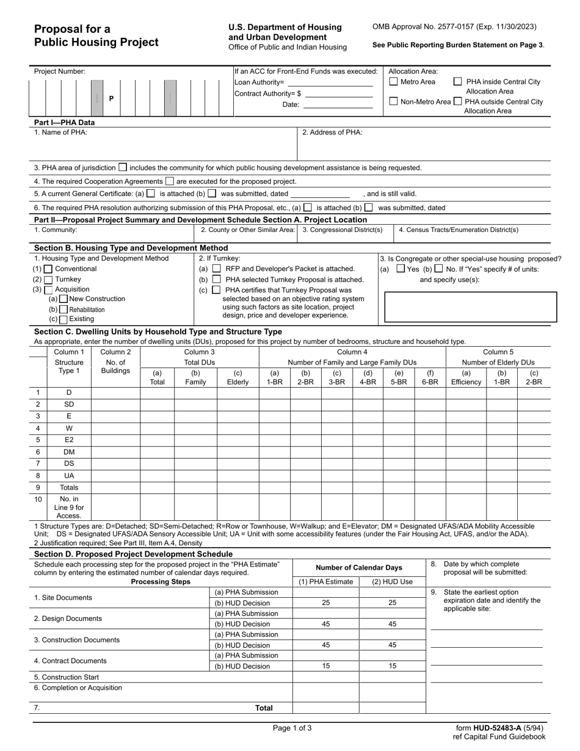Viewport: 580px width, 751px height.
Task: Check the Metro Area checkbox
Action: [394, 82]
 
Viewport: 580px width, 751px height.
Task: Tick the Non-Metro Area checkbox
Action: [394, 101]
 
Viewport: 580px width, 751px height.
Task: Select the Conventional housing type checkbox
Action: [49, 269]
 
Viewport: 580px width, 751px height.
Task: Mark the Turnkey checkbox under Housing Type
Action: [49, 279]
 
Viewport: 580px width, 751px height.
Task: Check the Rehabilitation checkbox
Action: [63, 309]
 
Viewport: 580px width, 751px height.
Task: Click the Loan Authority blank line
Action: [330, 82]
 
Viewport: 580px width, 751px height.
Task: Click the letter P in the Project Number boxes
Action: [111, 98]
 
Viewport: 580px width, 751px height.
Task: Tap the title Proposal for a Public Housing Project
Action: [96, 35]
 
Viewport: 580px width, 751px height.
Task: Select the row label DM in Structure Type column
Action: [69, 452]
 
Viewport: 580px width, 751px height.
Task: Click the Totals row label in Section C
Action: [69, 487]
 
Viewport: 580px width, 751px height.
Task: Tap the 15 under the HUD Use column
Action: [393, 666]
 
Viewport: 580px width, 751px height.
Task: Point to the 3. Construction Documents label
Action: [77, 640]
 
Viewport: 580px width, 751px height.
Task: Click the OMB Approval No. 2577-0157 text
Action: [454, 27]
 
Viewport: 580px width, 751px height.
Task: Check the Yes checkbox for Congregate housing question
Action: [401, 269]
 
